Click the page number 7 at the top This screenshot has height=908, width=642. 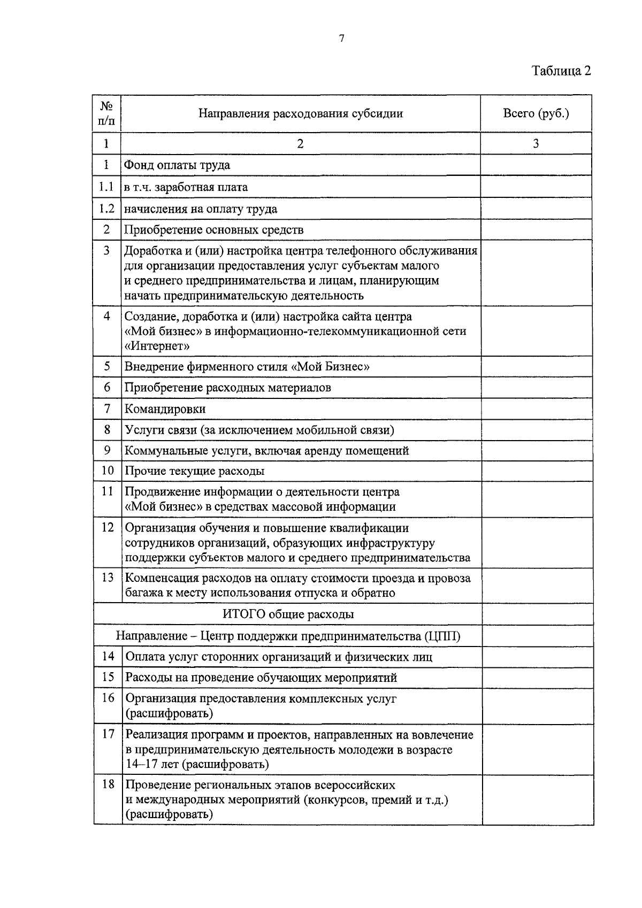click(x=341, y=38)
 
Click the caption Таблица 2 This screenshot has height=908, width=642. click(x=561, y=71)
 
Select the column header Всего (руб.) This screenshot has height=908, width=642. click(x=536, y=113)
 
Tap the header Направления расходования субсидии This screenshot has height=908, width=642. click(x=301, y=113)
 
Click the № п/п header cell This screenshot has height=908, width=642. click(x=107, y=113)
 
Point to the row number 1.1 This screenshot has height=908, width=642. click(x=106, y=187)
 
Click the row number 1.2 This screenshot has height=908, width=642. click(x=106, y=209)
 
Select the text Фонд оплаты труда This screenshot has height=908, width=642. click(x=177, y=165)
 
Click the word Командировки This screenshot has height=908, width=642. click(x=165, y=409)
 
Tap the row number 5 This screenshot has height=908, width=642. click(x=107, y=366)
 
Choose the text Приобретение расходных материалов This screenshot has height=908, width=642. click(x=227, y=388)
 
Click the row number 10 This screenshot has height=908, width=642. click(x=108, y=471)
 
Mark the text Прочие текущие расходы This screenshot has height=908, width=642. click(x=195, y=471)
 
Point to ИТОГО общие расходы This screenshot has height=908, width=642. click(x=288, y=614)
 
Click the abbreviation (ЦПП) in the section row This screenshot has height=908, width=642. click(x=442, y=636)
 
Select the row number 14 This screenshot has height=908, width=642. click(x=108, y=656)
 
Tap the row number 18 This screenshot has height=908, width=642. click(x=108, y=784)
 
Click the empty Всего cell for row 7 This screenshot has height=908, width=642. click(x=537, y=409)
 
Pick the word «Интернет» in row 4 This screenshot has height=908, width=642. click(x=157, y=346)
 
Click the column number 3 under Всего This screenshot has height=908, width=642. click(x=536, y=143)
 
